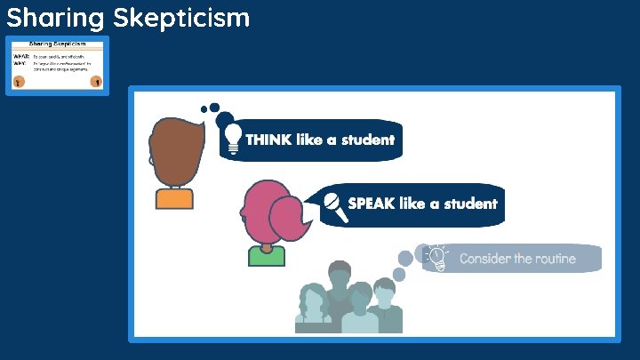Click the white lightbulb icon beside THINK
[x=233, y=138]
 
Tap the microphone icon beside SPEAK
[x=333, y=204]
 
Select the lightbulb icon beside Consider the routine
[x=436, y=257]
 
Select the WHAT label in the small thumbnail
[x=21, y=56]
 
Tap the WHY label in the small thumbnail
[x=20, y=64]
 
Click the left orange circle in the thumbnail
[x=18, y=81]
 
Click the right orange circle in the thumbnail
[x=97, y=81]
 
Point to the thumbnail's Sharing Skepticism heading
[x=57, y=44]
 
